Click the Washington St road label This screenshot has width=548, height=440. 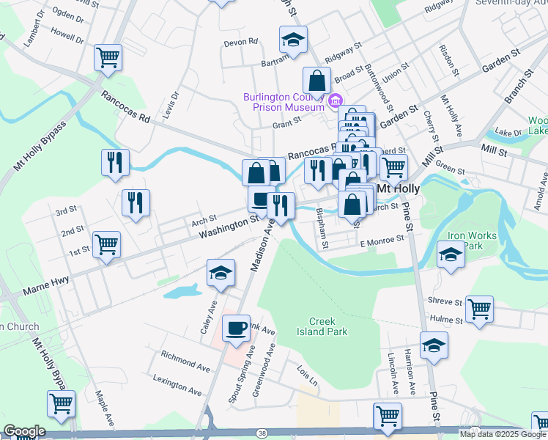(x=229, y=227)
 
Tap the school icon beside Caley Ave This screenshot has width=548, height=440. (x=221, y=273)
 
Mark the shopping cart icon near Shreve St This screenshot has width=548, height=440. (x=479, y=309)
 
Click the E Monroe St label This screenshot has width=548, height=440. (x=382, y=239)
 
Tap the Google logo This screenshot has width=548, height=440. (x=24, y=431)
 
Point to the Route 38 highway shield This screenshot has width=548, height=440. (x=262, y=433)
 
